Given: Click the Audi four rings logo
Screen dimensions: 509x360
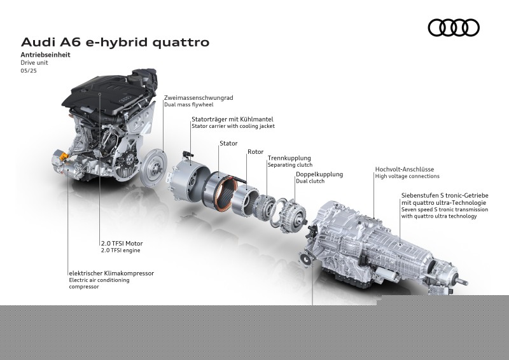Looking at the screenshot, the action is (x=454, y=27).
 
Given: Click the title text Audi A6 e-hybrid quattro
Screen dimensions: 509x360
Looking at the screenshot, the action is (x=115, y=42).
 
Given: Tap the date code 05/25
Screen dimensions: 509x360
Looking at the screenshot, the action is (x=29, y=71).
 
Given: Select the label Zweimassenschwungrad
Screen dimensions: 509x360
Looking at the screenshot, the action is (x=199, y=98).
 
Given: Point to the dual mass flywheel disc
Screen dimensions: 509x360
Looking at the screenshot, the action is (x=154, y=167).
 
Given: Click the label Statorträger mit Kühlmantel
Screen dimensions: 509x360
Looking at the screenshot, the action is (x=232, y=119).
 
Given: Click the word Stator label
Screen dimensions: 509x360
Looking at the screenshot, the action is (x=228, y=143).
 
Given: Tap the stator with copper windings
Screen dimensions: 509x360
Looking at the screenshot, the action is (x=221, y=190).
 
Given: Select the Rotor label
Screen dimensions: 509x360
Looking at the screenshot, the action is (x=256, y=151).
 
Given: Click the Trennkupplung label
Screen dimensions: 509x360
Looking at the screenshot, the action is (x=289, y=158).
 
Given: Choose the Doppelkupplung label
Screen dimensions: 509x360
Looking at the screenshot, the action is (x=319, y=174).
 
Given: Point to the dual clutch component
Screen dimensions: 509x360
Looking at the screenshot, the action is (x=294, y=215).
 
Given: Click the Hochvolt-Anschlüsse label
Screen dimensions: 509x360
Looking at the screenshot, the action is (x=405, y=169).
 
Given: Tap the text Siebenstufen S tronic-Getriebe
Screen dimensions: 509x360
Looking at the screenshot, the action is (x=445, y=195).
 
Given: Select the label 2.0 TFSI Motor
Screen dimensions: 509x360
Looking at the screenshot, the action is (x=122, y=243).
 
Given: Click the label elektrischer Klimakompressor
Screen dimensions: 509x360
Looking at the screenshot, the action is (x=111, y=273).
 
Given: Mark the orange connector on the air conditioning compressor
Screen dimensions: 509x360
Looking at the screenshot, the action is (x=64, y=156).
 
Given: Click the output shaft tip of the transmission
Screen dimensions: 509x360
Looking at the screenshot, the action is (x=465, y=282).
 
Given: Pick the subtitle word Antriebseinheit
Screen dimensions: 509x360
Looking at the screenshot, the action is (x=45, y=55).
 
